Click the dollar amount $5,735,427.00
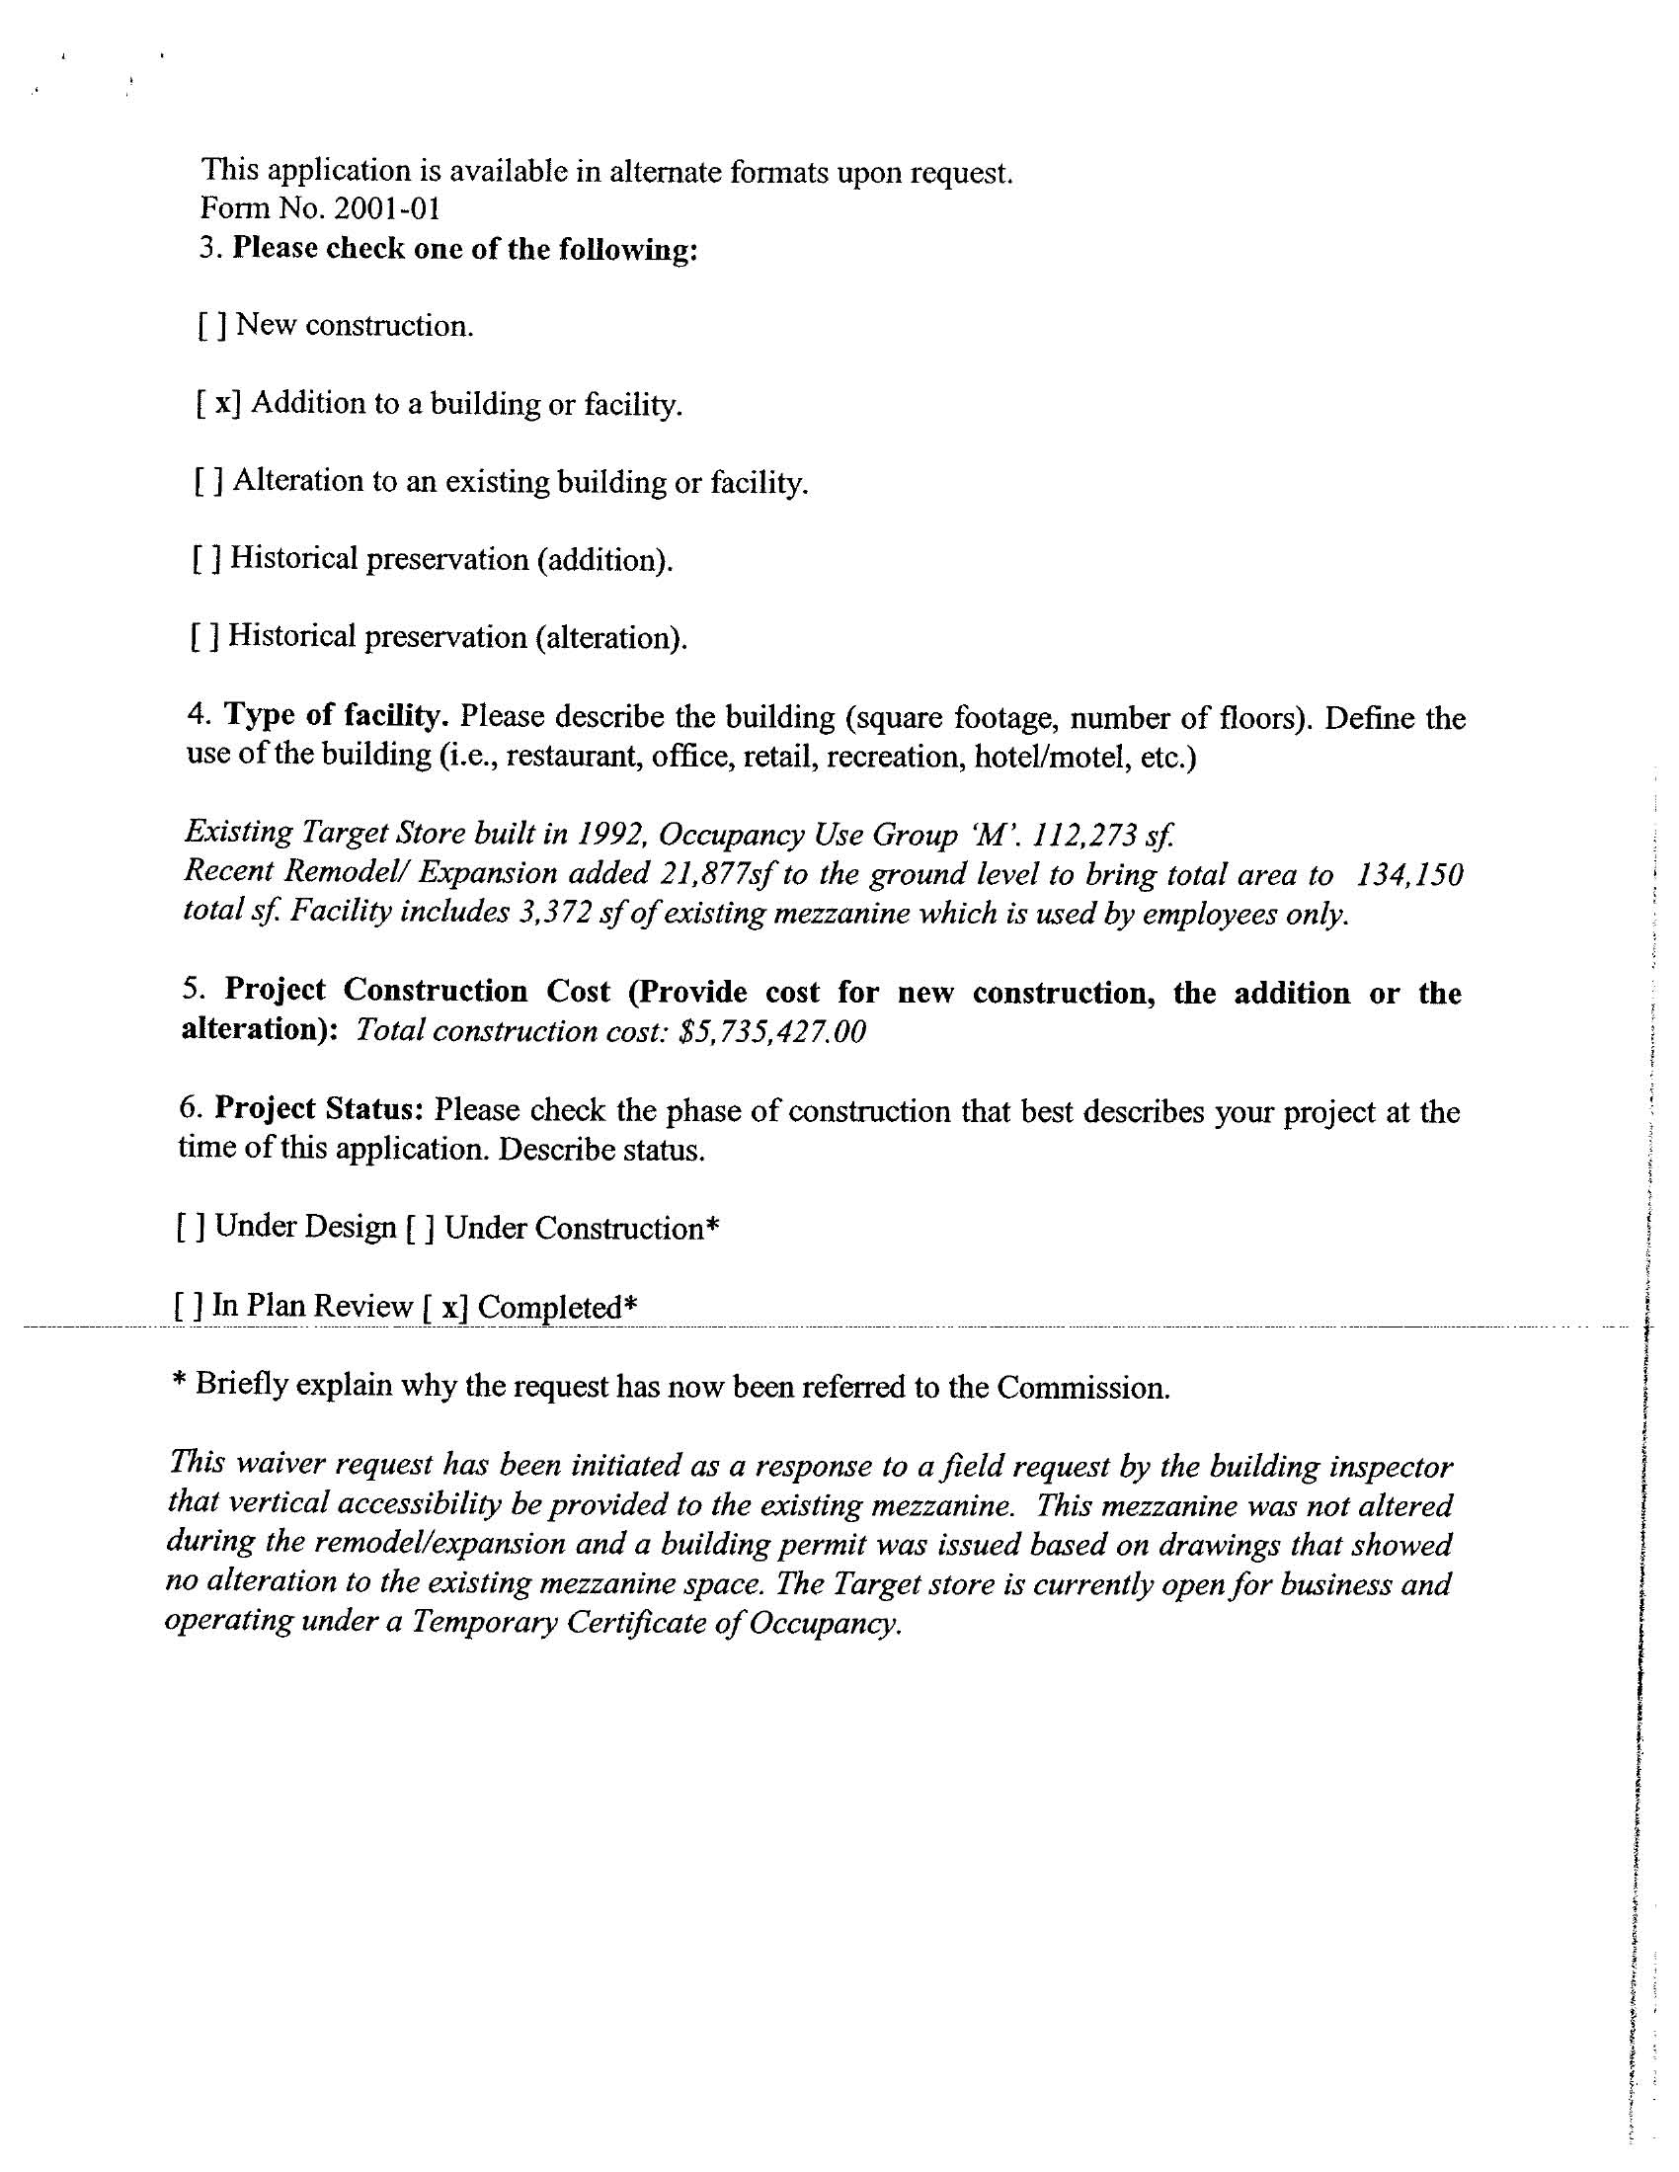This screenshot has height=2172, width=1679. (771, 1031)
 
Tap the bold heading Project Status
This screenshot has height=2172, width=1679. (320, 1108)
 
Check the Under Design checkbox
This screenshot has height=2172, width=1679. (191, 1228)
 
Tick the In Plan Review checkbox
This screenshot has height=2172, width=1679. (189, 1306)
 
